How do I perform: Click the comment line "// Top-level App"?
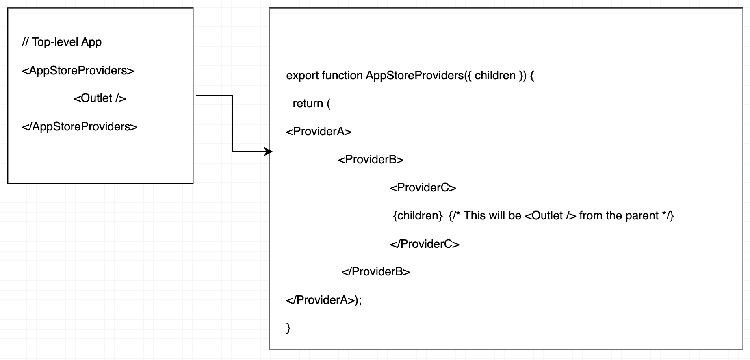[x=62, y=42]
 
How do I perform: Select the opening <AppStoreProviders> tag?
[x=78, y=71]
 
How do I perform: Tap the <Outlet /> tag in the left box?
[x=100, y=98]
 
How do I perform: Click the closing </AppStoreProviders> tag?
[x=80, y=127]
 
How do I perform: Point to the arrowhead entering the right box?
[x=269, y=152]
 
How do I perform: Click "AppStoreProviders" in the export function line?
[x=414, y=76]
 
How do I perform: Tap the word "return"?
[x=308, y=104]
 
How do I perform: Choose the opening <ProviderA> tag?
[x=319, y=132]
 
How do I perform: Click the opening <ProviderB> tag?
[x=371, y=160]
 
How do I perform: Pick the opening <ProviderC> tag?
[x=423, y=188]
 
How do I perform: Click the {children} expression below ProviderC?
[x=418, y=216]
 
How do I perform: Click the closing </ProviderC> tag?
[x=425, y=244]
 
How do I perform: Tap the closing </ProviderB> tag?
[x=375, y=272]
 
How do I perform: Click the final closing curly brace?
[x=288, y=328]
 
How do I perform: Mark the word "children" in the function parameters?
[x=495, y=76]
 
